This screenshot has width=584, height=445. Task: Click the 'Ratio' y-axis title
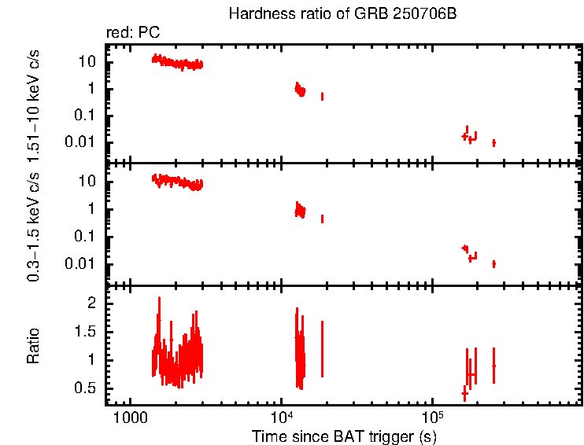pos(33,346)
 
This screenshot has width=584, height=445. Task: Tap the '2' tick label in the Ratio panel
pos(91,303)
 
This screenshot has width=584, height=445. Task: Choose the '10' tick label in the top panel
pos(89,61)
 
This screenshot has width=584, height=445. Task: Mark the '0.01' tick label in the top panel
pos(81,142)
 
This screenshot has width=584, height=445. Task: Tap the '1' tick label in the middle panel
pos(93,209)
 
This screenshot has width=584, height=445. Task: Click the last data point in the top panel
pos(493,142)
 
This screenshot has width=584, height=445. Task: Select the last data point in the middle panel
pos(493,263)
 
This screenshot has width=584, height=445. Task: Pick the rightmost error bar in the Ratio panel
pos(493,365)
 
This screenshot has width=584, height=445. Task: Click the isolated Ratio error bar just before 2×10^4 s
pos(322,348)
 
